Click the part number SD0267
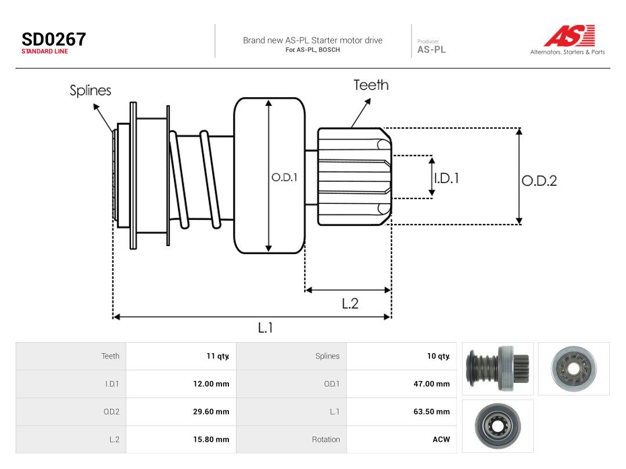(53, 39)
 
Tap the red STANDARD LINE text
(45, 52)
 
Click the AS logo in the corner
(569, 36)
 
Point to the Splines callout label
(90, 90)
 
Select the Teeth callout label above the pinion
(371, 85)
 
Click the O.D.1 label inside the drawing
(284, 178)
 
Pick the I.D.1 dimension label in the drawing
(447, 178)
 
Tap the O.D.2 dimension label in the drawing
(539, 181)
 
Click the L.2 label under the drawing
(350, 304)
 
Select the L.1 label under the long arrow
(265, 328)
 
